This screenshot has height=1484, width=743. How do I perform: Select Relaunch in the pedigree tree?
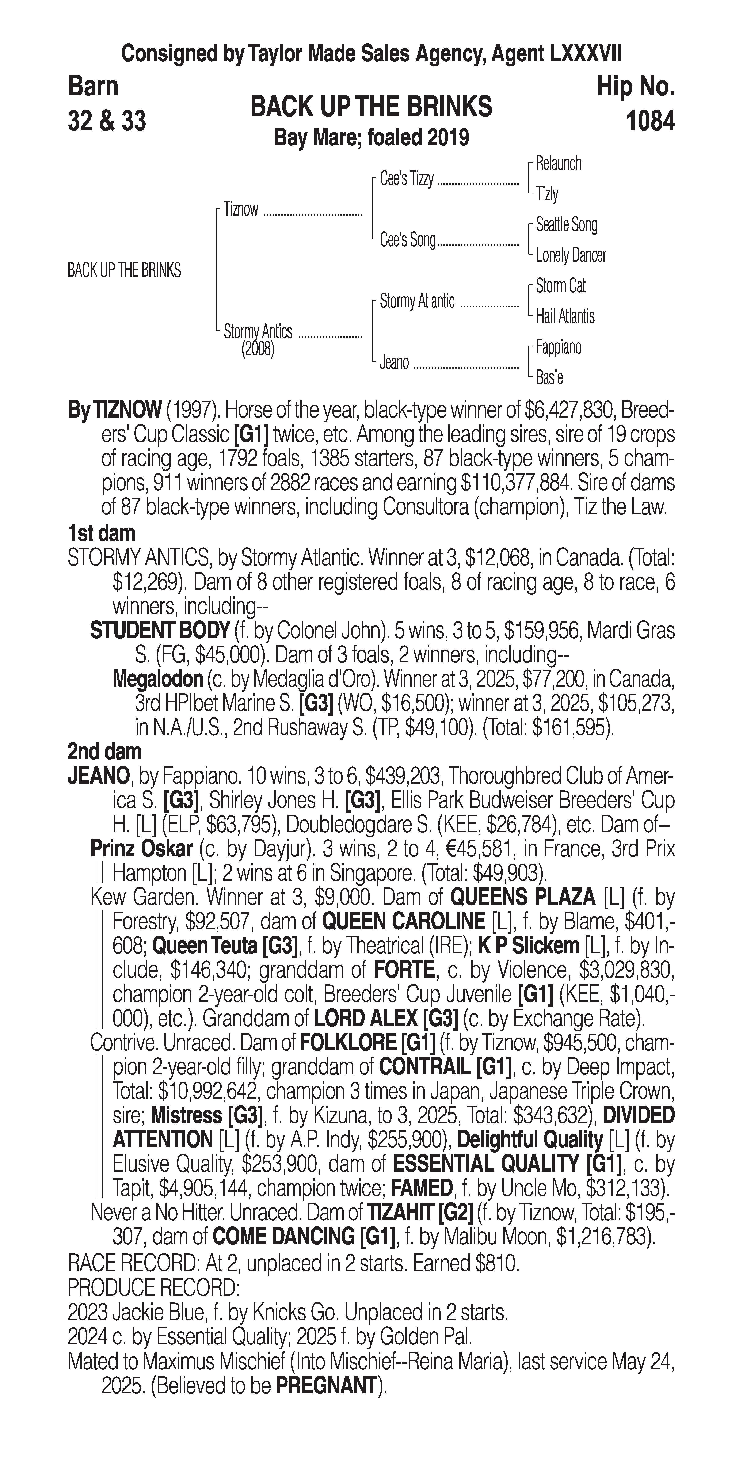[x=558, y=164]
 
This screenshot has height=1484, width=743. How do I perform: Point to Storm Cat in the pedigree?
[x=560, y=286]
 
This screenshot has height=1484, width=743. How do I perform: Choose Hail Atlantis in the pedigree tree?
[x=565, y=316]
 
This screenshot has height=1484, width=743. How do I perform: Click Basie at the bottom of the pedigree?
[x=549, y=378]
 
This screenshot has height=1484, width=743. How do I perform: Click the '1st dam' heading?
[x=101, y=533]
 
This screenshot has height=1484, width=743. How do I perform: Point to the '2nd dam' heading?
[x=104, y=751]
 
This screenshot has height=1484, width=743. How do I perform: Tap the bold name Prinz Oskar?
[x=141, y=849]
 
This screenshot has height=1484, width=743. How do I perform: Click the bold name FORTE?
[x=403, y=970]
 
